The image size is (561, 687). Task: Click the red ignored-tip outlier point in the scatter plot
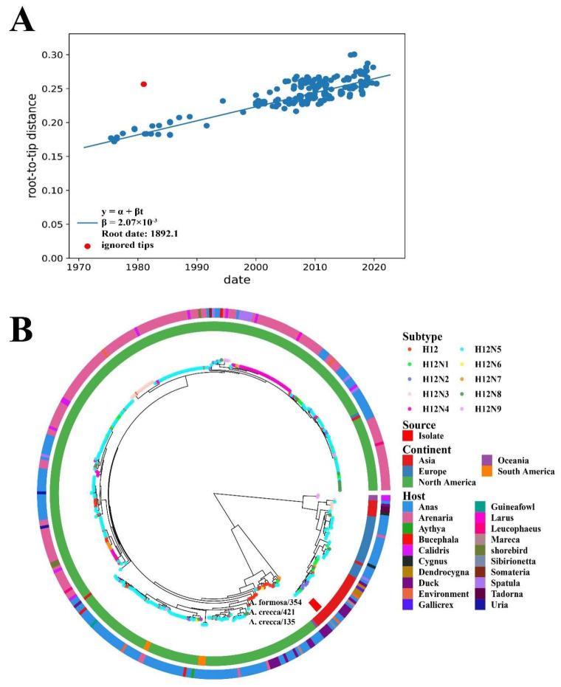coord(144,84)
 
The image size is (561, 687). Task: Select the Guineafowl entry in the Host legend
coord(511,505)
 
